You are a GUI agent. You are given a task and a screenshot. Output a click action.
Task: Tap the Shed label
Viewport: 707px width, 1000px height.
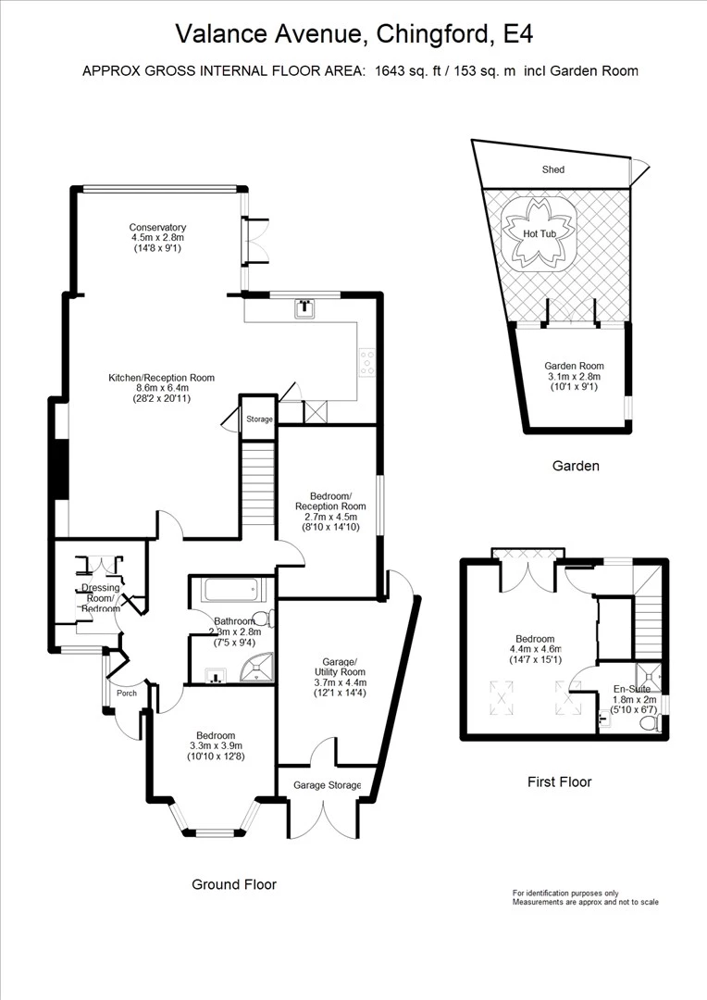click(x=552, y=169)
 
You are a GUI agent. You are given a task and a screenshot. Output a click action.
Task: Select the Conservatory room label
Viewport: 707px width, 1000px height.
click(x=157, y=228)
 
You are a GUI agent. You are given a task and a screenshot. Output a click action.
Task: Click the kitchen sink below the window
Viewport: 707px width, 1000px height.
click(x=304, y=308)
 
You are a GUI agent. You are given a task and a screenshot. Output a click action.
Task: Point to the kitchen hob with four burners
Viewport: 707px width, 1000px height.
click(x=366, y=362)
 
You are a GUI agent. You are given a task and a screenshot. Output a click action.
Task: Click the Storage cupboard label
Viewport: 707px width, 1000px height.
click(x=259, y=419)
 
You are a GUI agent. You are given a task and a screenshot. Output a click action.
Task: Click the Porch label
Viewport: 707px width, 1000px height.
click(x=126, y=694)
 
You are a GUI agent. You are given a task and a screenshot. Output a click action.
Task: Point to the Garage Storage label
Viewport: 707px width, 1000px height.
click(x=323, y=785)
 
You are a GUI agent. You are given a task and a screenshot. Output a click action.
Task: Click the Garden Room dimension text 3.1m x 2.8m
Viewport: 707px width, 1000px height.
click(x=572, y=377)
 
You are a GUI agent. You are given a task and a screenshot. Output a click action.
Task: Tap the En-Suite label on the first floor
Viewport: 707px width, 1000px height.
click(x=632, y=690)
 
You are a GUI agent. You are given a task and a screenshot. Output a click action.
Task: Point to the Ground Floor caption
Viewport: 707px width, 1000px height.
click(x=233, y=884)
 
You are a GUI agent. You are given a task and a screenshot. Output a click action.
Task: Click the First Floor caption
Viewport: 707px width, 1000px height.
click(x=559, y=781)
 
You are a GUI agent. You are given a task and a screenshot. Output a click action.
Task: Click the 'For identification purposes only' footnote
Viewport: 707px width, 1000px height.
click(x=566, y=893)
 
